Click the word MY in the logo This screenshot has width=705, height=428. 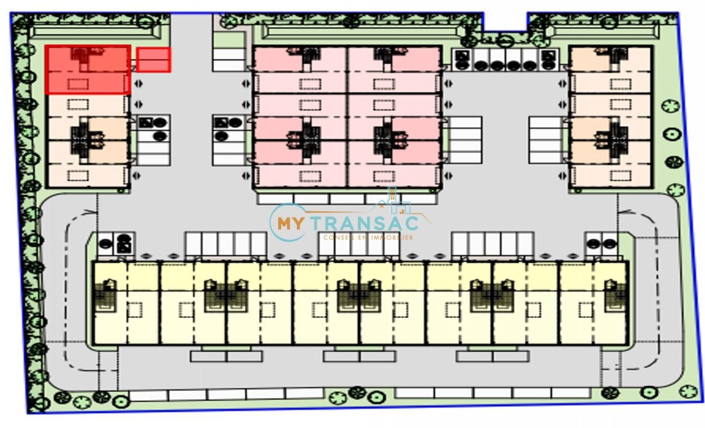pyautogui.click(x=290, y=223)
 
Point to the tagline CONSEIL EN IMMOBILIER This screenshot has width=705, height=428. pyautogui.click(x=368, y=237)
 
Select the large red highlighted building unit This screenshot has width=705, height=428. pyautogui.click(x=88, y=70)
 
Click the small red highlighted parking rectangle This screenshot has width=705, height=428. pyautogui.click(x=154, y=59)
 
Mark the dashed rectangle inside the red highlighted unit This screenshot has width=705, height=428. pyautogui.click(x=78, y=83)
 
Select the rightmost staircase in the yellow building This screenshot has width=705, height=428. pyautogui.click(x=616, y=296)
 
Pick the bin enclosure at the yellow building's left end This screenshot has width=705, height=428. pyautogui.click(x=116, y=243)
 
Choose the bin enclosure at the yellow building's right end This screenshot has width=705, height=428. pyautogui.click(x=601, y=243)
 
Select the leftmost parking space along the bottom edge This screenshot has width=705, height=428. pyautogui.click(x=148, y=395)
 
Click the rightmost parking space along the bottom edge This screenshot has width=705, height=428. pyautogui.click(x=571, y=393)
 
